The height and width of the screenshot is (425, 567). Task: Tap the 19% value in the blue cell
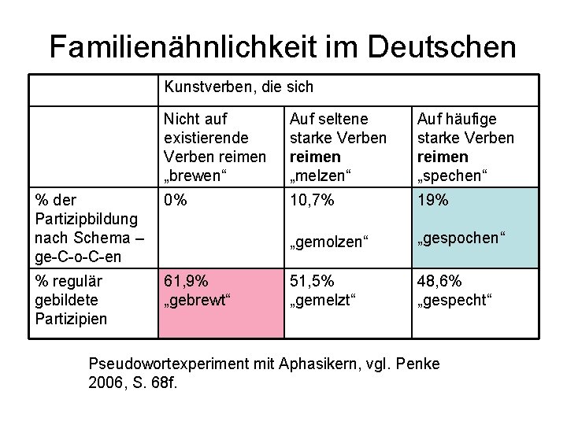click(432, 201)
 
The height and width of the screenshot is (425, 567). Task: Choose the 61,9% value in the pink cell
click(186, 282)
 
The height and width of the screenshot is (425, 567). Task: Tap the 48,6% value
click(439, 282)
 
